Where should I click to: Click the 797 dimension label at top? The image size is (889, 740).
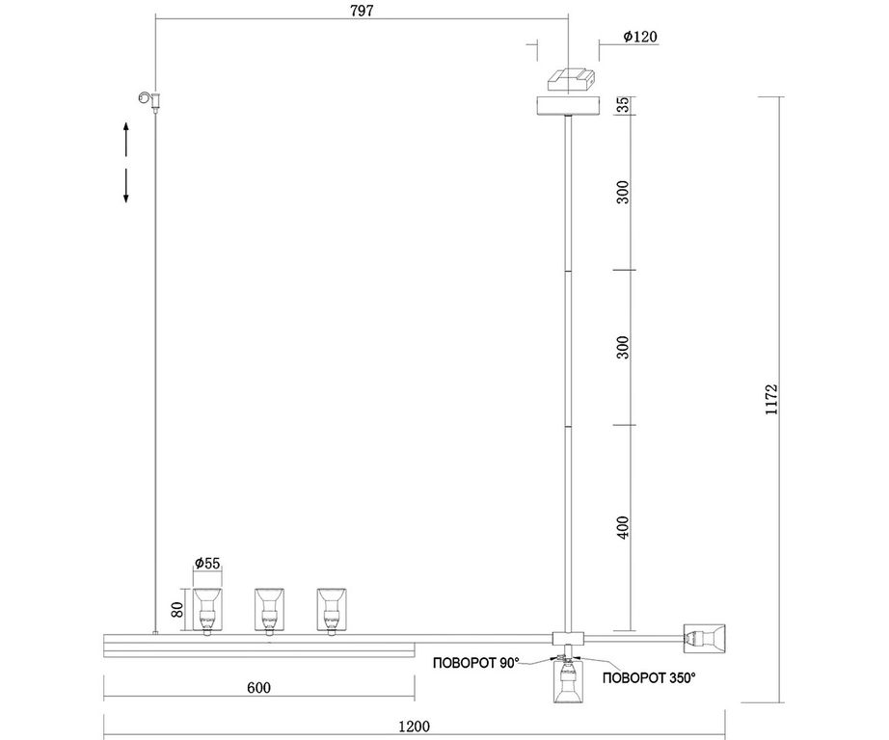(362, 11)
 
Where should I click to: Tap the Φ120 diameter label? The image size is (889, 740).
(640, 37)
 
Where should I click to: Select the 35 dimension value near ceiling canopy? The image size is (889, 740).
(623, 105)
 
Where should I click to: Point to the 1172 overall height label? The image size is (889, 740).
(771, 400)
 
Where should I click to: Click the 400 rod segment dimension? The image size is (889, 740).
(623, 527)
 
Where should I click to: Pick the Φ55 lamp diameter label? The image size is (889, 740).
(207, 563)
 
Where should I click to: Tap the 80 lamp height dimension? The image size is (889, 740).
(177, 610)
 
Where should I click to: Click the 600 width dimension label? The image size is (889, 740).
(259, 687)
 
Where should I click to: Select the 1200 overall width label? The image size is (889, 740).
(415, 726)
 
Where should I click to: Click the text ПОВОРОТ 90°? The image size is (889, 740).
(476, 663)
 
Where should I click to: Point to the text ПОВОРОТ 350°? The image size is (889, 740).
(649, 677)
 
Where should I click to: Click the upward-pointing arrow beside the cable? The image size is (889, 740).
(126, 139)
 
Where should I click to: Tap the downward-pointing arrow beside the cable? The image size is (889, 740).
(126, 185)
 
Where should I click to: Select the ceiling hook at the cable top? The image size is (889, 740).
(149, 99)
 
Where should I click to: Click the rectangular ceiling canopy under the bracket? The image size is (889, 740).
(568, 106)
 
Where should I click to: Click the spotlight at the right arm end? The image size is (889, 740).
(705, 639)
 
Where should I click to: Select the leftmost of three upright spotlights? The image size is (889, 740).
(207, 611)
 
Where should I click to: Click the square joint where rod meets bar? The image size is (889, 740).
(568, 638)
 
